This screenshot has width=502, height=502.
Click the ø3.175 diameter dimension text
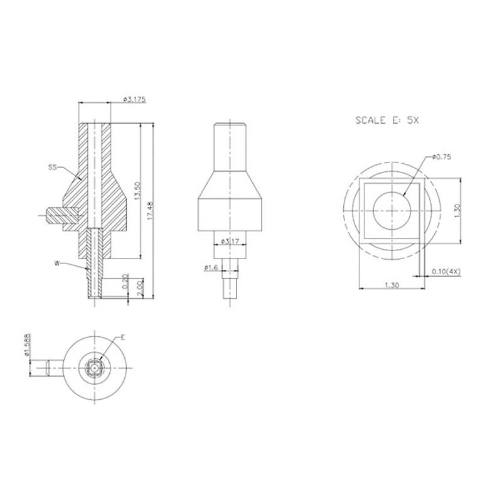[x=134, y=99]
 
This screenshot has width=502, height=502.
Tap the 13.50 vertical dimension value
[x=137, y=191]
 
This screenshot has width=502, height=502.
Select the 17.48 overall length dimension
[x=150, y=210]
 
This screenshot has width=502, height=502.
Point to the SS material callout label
[x=53, y=167]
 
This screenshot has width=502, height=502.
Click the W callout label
[x=57, y=264]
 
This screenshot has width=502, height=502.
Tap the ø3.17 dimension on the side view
[x=230, y=241]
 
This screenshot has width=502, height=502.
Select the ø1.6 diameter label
[x=211, y=267]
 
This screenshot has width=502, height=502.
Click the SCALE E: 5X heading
[x=387, y=120]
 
